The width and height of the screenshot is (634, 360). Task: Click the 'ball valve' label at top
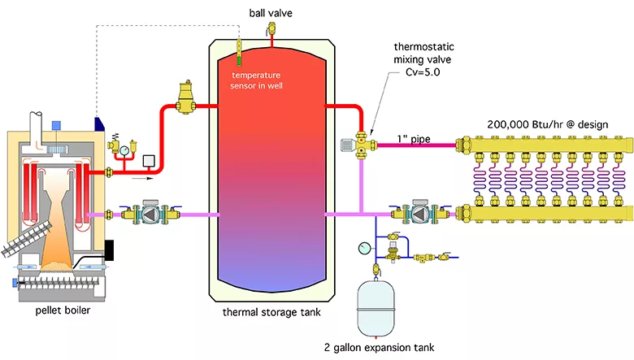tap(271, 11)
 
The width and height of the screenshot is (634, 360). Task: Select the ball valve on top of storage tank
tap(271, 29)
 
